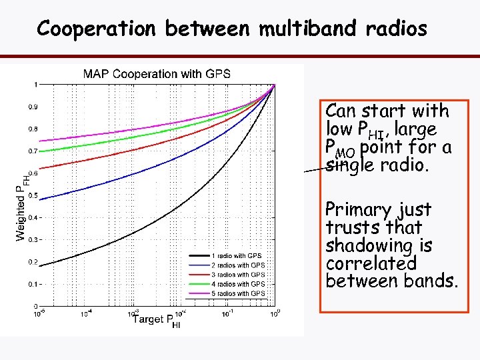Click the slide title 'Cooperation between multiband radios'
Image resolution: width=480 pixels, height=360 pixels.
pyautogui.click(x=232, y=28)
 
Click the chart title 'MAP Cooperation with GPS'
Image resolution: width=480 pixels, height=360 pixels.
pyautogui.click(x=157, y=73)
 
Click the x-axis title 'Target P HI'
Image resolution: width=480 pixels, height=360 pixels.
pyautogui.click(x=157, y=320)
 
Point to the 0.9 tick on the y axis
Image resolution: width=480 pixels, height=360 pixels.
pyautogui.click(x=32, y=107)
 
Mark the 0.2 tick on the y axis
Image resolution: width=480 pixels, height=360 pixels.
pyautogui.click(x=32, y=262)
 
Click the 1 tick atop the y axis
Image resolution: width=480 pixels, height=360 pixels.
pyautogui.click(x=35, y=85)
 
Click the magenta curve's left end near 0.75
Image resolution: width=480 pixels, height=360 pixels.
pyautogui.click(x=41, y=141)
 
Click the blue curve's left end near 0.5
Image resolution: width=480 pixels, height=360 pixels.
pyautogui.click(x=41, y=197)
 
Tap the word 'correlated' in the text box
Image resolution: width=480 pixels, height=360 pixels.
pyautogui.click(x=371, y=264)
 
